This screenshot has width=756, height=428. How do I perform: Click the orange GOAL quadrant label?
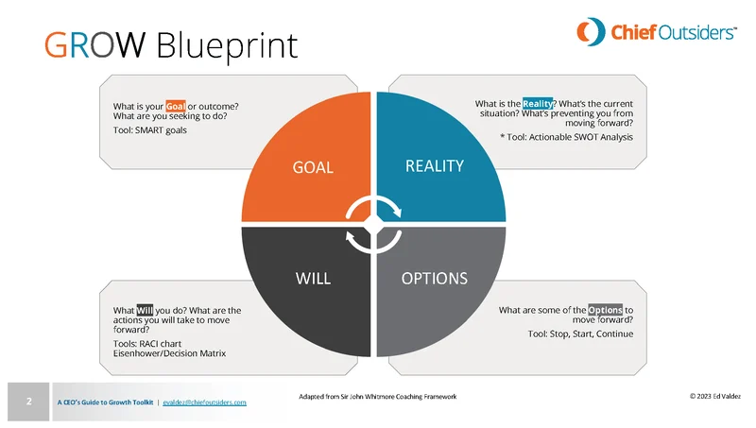pyautogui.click(x=313, y=167)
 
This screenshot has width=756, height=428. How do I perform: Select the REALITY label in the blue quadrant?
pyautogui.click(x=434, y=166)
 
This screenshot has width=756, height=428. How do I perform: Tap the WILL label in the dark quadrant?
pyautogui.click(x=312, y=278)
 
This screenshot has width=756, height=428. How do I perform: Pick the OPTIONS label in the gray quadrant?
pyautogui.click(x=436, y=278)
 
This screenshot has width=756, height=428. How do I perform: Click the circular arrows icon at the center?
pyautogui.click(x=375, y=225)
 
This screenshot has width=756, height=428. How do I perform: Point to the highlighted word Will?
pyautogui.click(x=146, y=310)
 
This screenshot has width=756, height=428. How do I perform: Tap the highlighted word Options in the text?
pyautogui.click(x=605, y=310)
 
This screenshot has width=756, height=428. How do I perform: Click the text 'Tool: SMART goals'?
pyautogui.click(x=149, y=130)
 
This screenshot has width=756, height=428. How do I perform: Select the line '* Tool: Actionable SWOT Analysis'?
pyautogui.click(x=566, y=138)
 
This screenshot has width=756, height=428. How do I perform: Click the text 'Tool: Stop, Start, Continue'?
pyautogui.click(x=580, y=334)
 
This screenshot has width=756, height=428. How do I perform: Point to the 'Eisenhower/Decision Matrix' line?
pyautogui.click(x=170, y=353)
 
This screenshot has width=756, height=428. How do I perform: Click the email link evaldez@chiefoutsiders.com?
pyautogui.click(x=204, y=402)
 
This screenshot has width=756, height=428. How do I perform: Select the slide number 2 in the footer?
pyautogui.click(x=28, y=402)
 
